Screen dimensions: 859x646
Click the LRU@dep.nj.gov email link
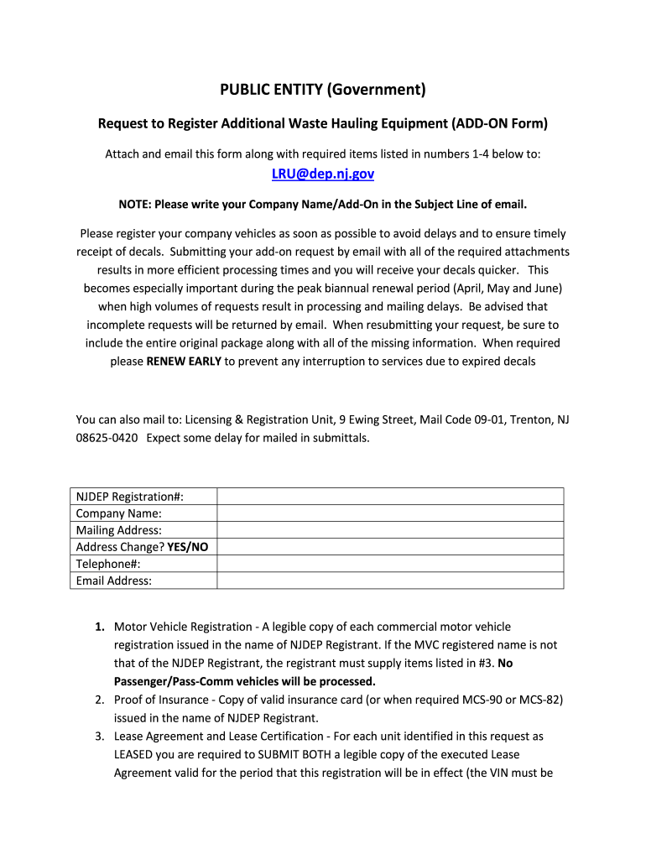323,174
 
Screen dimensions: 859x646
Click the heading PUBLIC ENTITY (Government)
323,90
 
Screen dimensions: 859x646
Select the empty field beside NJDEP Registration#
390,497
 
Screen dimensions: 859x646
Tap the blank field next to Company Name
390,513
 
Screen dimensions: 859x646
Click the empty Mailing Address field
390,530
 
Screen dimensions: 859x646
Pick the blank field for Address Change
390,547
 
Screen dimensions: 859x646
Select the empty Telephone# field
390,564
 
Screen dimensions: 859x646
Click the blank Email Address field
390,580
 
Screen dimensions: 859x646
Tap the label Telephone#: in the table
107,564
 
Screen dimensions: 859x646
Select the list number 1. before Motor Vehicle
99,627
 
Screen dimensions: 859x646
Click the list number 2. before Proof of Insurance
99,700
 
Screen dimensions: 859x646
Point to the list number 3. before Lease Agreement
99,737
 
